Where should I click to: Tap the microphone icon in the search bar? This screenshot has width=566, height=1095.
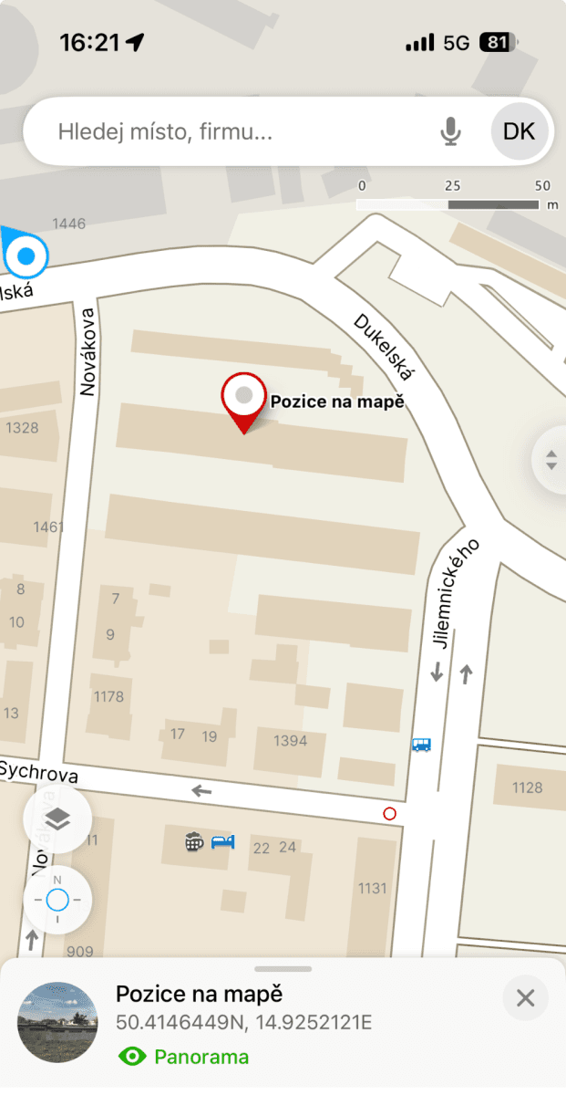click(x=450, y=132)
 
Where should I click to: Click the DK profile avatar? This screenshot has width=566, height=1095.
click(x=520, y=131)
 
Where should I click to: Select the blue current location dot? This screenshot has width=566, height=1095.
click(x=26, y=256)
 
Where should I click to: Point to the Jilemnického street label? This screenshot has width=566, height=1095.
click(x=455, y=594)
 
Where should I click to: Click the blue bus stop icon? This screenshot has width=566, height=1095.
click(x=420, y=745)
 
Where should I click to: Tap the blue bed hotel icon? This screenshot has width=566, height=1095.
click(x=223, y=841)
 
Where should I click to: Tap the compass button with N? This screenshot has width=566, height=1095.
click(x=57, y=901)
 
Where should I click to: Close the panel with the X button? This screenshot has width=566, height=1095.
click(x=525, y=998)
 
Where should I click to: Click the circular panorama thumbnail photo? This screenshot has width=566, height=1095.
click(x=57, y=1022)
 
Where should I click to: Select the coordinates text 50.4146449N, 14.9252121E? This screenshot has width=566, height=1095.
click(x=243, y=1023)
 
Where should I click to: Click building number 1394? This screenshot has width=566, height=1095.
click(x=291, y=741)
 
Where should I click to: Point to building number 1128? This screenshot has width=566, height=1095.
click(x=527, y=787)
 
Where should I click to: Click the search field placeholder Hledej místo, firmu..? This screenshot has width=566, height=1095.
click(x=165, y=132)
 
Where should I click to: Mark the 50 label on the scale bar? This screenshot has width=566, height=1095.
click(x=543, y=185)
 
